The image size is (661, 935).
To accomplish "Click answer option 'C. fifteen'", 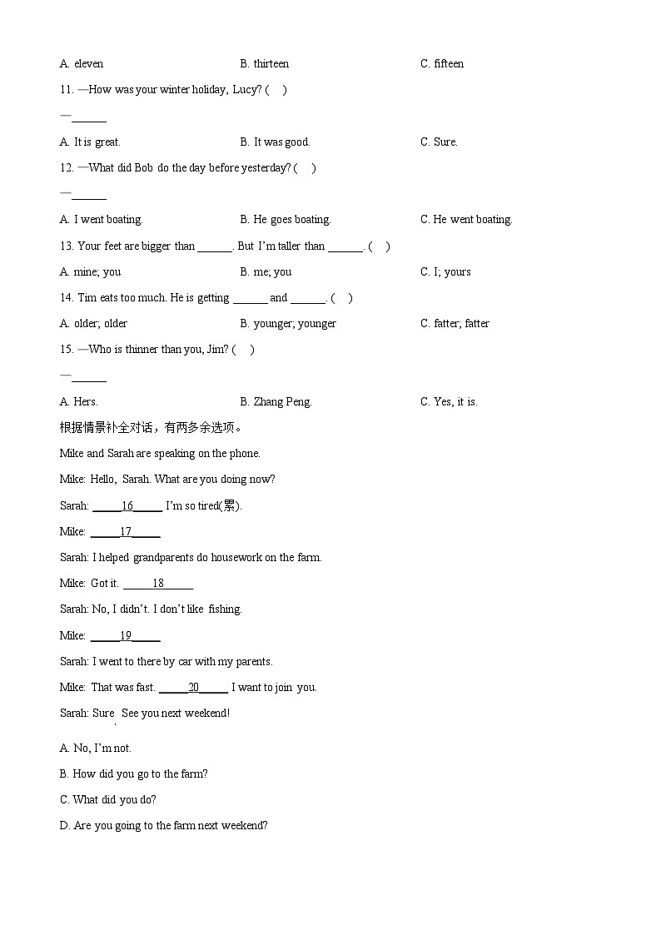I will point(442,64).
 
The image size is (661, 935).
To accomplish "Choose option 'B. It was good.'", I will point(275,142).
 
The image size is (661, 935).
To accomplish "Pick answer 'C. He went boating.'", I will point(466,220).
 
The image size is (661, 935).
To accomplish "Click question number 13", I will point(67,246).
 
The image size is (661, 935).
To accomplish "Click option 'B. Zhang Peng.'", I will point(276,402).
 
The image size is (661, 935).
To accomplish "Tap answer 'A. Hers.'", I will point(78,402).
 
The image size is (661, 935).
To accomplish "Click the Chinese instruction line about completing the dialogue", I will point(151,428).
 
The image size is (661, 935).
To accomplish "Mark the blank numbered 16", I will point(127,506).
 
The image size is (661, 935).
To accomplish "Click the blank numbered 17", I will point(126,532).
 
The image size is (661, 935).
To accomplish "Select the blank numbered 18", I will point(158,584).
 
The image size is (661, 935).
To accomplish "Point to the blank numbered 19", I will point(126,636).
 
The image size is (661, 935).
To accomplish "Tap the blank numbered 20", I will point(193,688).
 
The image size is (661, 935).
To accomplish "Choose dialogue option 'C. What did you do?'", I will point(107,800).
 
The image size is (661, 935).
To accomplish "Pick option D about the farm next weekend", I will point(163,826).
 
